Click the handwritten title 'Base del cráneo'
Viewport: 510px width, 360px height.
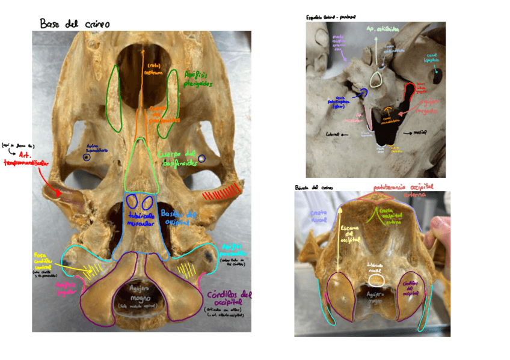pyautogui.click(x=75, y=24)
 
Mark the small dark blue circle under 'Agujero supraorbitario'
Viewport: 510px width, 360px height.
pyautogui.click(x=88, y=157)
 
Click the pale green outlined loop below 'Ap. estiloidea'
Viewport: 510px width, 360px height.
pyautogui.click(x=377, y=80)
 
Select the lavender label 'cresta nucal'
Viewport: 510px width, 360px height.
pyautogui.click(x=318, y=216)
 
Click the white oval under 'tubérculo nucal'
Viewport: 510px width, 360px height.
pyautogui.click(x=376, y=279)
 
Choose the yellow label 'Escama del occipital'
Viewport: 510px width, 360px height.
pyautogui.click(x=348, y=236)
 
